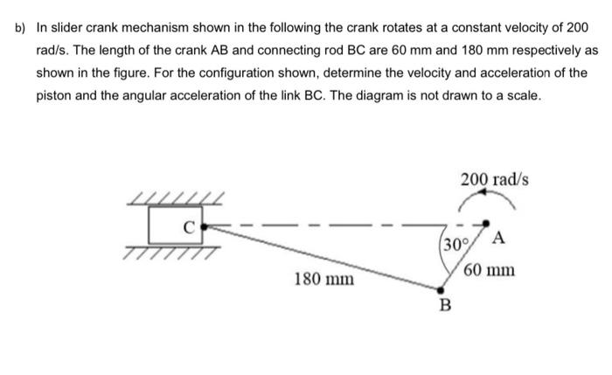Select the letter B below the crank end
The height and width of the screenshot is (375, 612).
click(x=445, y=305)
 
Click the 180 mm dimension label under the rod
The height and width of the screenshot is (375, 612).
click(x=324, y=280)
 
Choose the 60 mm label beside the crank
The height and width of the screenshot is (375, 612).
click(x=490, y=270)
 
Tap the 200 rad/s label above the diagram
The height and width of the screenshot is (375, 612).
click(x=494, y=180)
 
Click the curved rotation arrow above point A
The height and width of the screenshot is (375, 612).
click(x=490, y=204)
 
